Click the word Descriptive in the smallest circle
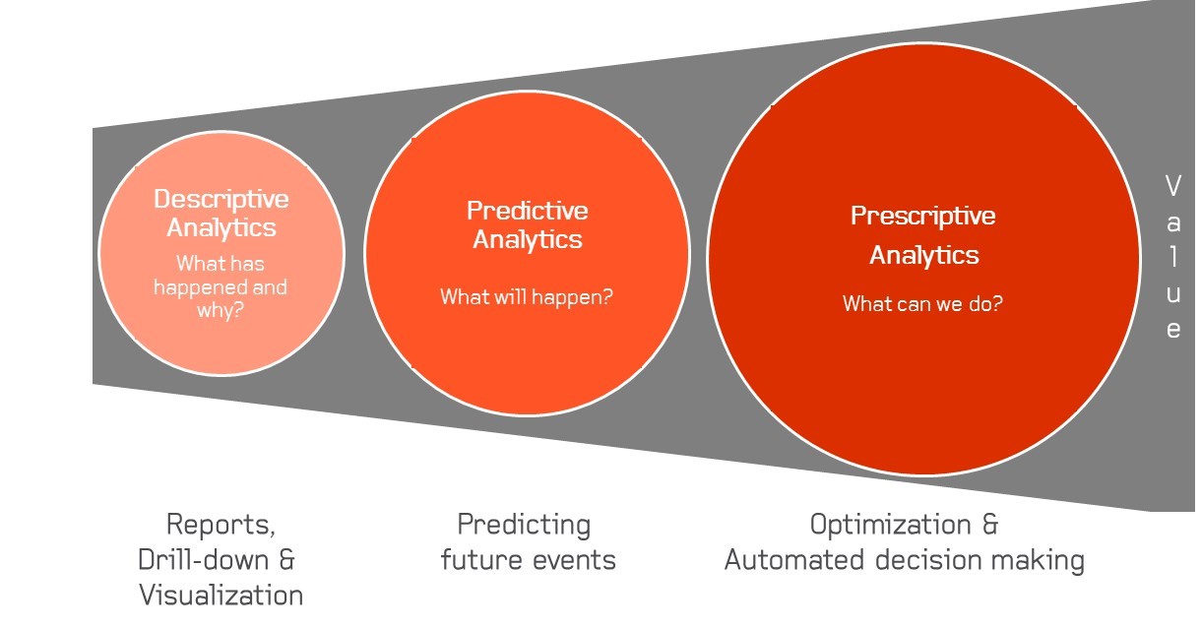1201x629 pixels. tap(221, 200)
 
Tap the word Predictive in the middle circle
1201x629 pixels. tap(527, 211)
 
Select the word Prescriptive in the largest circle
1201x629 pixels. tap(923, 216)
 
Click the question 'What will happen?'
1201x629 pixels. tap(526, 296)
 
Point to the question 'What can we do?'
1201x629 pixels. tap(922, 303)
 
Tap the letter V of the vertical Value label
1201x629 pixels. tap(1172, 185)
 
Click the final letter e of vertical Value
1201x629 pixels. tap(1172, 330)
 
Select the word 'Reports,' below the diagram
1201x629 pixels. tap(221, 524)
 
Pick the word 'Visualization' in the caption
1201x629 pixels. tap(221, 595)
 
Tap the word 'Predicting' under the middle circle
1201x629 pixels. tap(524, 525)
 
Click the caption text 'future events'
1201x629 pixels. tap(528, 560)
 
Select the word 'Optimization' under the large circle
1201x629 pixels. tap(890, 525)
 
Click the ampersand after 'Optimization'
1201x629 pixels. tap(989, 525)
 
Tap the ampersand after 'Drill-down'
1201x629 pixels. tap(286, 560)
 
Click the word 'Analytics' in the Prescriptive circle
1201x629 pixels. tap(924, 255)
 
